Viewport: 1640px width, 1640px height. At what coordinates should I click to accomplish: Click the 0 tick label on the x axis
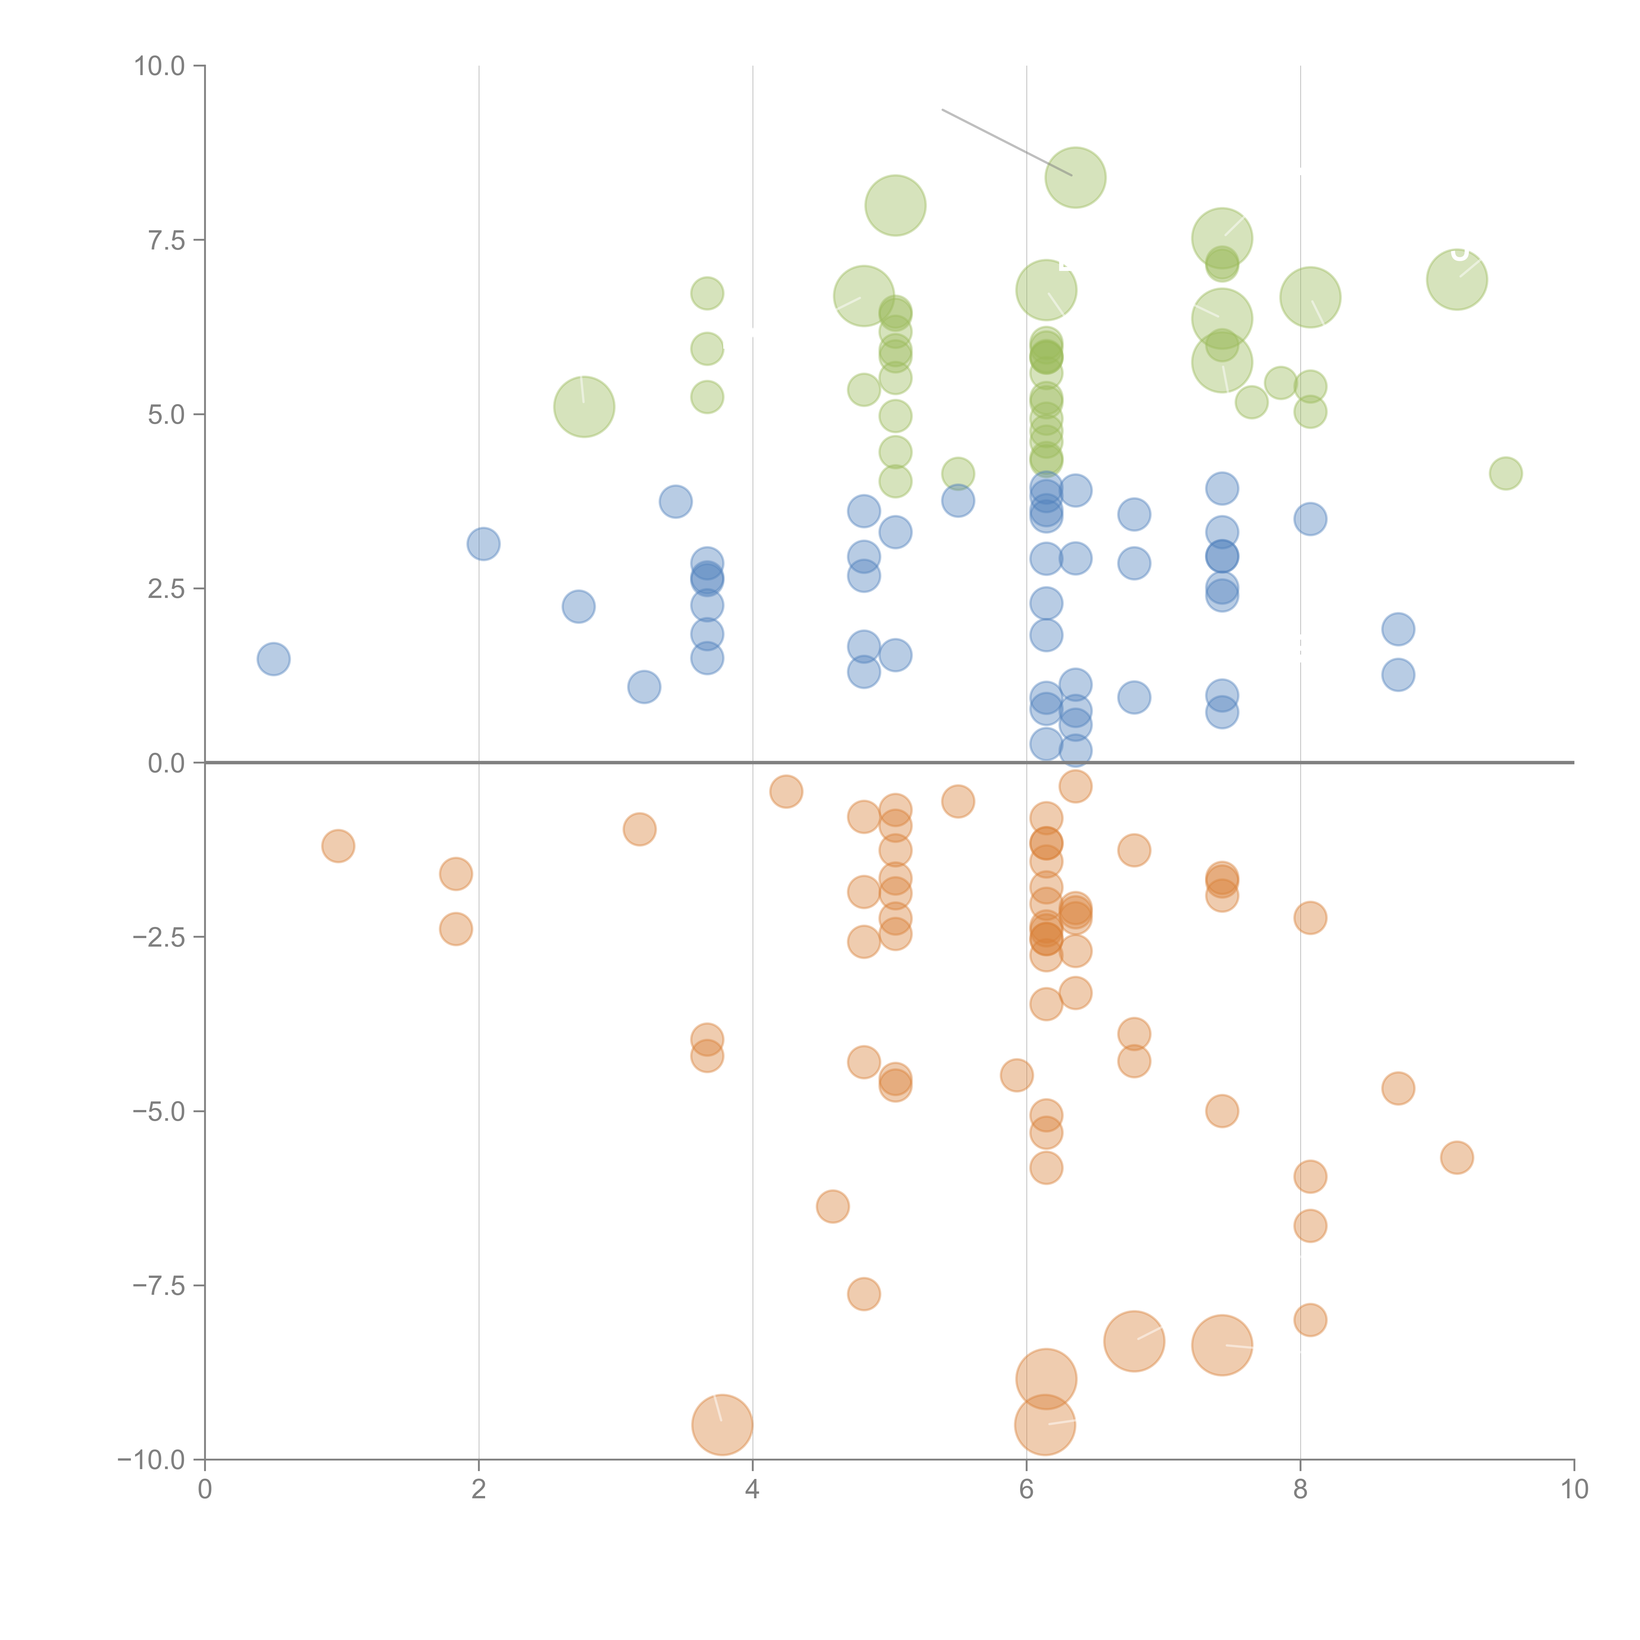[x=205, y=1490]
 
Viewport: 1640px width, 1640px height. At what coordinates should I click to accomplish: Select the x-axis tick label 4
[x=752, y=1490]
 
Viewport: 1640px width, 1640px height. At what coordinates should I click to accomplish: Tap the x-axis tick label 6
[x=1026, y=1490]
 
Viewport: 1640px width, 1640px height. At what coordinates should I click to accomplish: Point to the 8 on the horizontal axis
[x=1301, y=1490]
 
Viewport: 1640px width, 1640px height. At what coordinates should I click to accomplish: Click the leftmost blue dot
[x=273, y=659]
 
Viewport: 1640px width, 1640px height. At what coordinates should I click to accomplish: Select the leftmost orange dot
[x=338, y=846]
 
